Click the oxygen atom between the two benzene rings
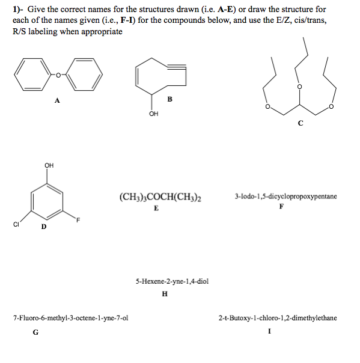pos(58,75)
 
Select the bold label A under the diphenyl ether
pos(57,100)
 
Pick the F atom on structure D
pos(78,219)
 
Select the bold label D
pos(43,227)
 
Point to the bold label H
pos(165,294)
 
